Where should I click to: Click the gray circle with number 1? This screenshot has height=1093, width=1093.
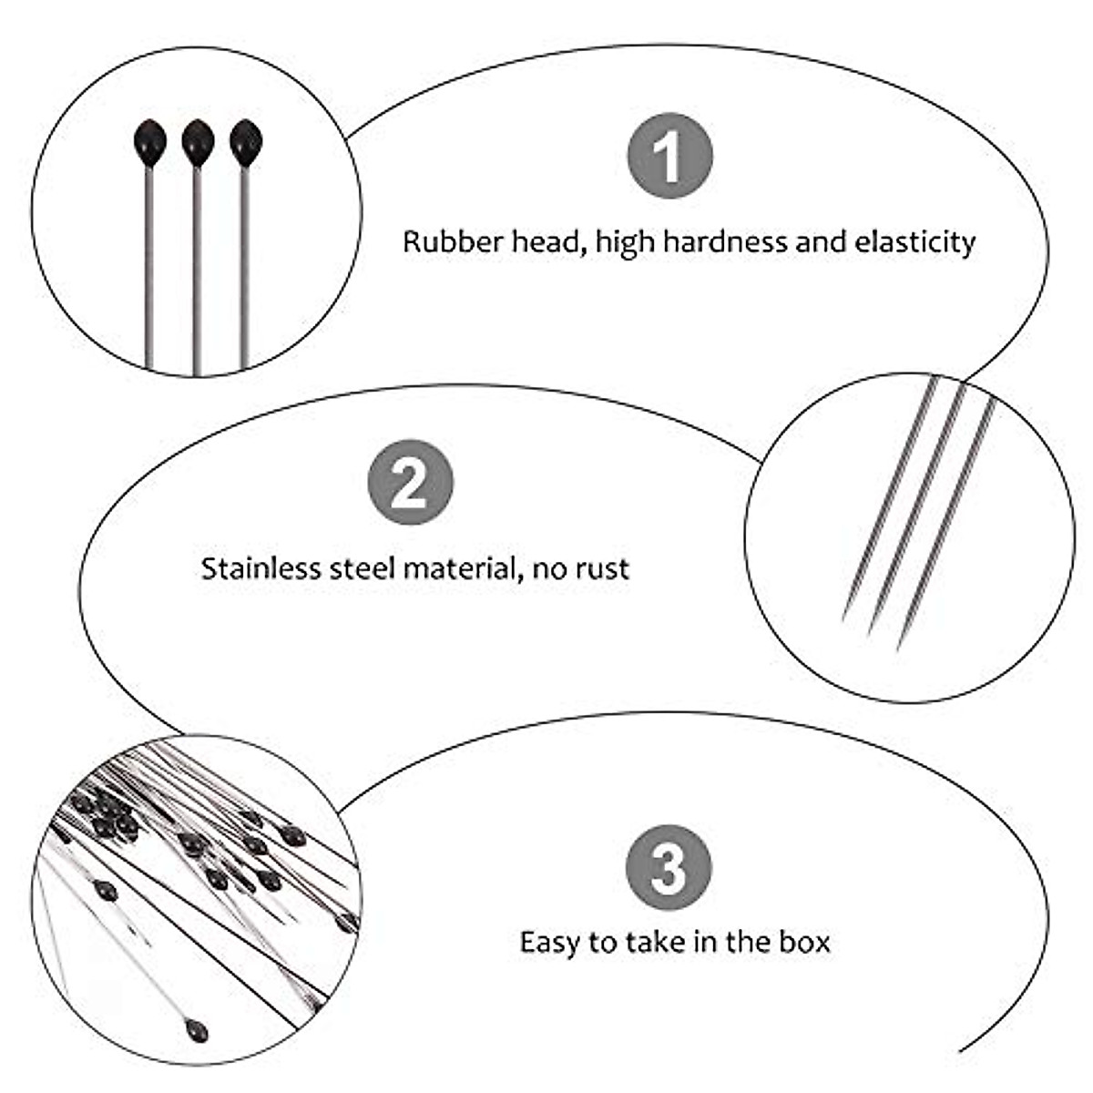coord(670,156)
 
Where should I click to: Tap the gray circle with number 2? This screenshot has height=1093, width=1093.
coord(411,483)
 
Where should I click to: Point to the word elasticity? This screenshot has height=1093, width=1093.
coord(914,242)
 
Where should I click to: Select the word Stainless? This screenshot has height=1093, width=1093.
coord(249,568)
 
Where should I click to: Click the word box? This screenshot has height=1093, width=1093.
coord(804,941)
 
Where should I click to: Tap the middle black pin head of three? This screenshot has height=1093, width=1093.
coord(198,142)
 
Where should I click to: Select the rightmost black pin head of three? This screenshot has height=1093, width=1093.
coord(246,142)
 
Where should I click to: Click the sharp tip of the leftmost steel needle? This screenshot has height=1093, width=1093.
coord(844,619)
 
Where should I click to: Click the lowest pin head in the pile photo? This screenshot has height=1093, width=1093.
coord(196,1031)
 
